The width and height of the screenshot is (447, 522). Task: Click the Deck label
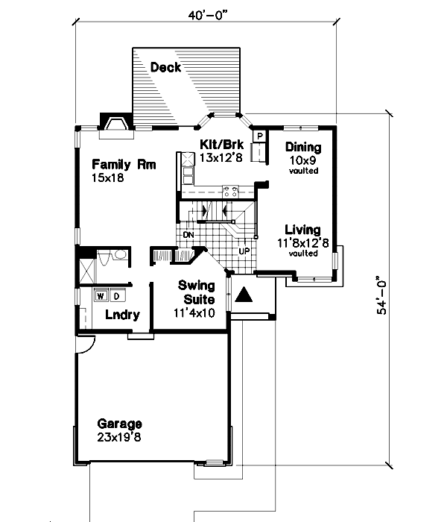tap(165, 68)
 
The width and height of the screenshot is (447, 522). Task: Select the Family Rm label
tap(124, 165)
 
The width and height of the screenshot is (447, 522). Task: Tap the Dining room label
tap(303, 147)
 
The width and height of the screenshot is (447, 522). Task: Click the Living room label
tap(302, 230)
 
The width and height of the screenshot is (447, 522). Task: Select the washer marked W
tap(101, 295)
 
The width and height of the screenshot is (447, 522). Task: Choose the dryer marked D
tap(116, 295)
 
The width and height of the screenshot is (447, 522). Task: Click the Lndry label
tap(122, 315)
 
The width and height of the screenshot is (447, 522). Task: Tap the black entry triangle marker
tap(243, 295)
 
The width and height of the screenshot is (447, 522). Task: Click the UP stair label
tap(244, 251)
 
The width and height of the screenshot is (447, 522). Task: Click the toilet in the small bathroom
tap(118, 257)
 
